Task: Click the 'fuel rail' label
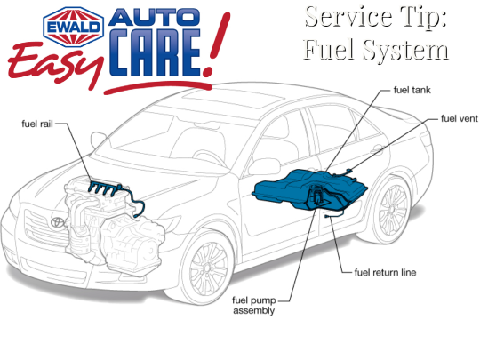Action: point(37,124)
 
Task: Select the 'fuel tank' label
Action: point(412,90)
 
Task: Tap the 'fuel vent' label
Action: point(460,118)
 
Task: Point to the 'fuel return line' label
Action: point(385,272)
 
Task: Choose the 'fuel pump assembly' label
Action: point(253,305)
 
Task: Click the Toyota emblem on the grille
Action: point(58,222)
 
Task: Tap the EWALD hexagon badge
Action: point(74,27)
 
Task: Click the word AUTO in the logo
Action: point(155,17)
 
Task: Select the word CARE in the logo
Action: point(155,52)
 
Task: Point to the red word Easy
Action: point(55,65)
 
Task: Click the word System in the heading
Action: point(406,50)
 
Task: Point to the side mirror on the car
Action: point(264,167)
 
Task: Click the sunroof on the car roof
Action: point(233,99)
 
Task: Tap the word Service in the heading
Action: point(348,17)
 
